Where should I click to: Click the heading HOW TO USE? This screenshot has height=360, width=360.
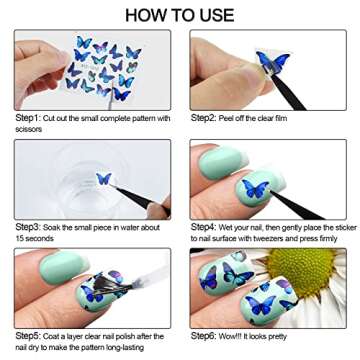tap(180, 14)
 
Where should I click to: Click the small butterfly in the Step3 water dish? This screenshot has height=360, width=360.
tap(102, 179)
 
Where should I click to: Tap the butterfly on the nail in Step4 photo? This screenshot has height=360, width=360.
tap(256, 188)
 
